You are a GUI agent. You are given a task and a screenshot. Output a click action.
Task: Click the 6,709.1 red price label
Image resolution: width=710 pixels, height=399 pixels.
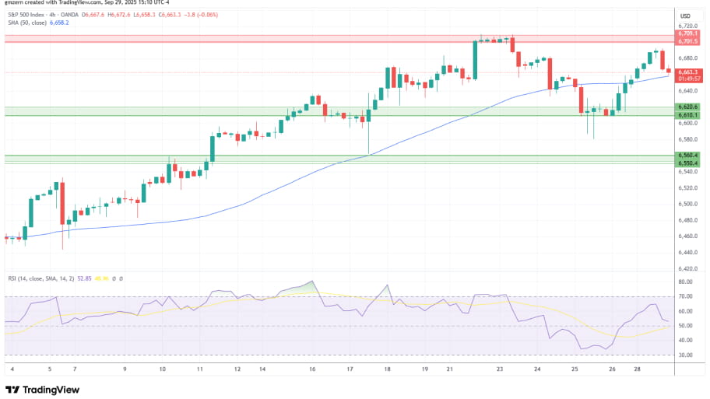coord(686,33)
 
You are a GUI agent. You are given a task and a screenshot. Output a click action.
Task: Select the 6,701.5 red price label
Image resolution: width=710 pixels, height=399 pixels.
coord(686,41)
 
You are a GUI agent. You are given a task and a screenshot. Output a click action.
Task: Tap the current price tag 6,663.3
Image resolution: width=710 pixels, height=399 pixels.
coord(686,72)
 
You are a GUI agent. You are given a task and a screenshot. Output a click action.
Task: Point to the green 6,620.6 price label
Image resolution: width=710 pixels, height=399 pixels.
coord(686,107)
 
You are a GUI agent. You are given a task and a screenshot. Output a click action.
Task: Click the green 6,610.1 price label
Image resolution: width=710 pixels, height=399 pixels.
coord(686,115)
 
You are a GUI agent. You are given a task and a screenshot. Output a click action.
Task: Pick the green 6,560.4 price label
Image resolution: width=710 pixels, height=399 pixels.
coord(686,156)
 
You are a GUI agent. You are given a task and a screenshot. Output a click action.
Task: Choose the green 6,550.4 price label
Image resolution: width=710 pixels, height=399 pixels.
coord(686,163)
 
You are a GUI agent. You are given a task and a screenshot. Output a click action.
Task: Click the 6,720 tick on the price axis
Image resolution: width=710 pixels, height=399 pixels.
coord(686,26)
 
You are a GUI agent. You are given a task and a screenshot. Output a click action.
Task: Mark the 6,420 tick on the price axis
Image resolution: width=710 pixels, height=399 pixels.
coord(686,268)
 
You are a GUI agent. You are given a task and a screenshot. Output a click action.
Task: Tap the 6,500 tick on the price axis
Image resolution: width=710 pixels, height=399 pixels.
coord(686,204)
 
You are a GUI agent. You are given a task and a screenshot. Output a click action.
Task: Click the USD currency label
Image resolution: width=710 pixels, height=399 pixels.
coord(686,16)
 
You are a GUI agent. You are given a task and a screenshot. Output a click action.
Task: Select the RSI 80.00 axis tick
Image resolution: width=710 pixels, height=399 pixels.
coord(685,282)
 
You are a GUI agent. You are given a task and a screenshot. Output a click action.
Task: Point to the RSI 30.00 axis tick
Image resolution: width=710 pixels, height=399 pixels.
coord(685,355)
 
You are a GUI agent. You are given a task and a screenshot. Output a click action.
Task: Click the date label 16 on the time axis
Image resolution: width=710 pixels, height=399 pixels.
coord(312,369)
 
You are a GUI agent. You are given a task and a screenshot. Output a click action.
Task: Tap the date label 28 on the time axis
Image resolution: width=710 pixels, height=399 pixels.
coord(638,369)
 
